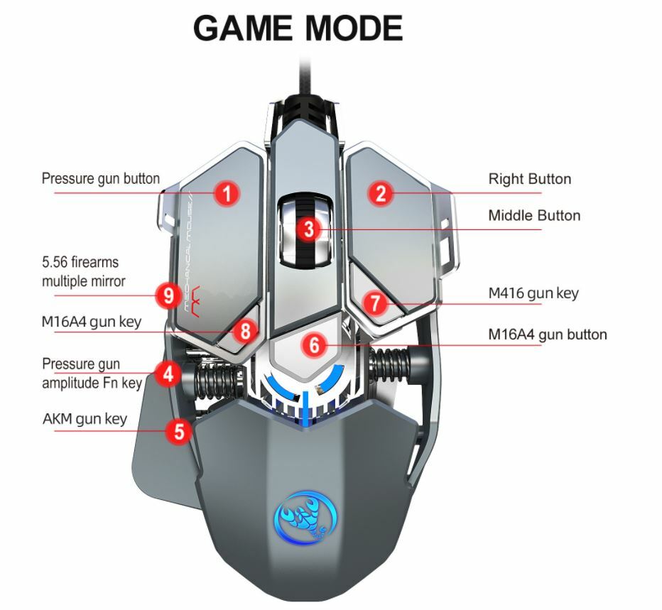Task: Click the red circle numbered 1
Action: click(x=227, y=193)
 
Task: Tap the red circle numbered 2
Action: click(x=381, y=193)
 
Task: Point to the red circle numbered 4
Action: click(x=168, y=374)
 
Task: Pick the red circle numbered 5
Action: click(x=179, y=431)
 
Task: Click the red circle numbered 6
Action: click(x=315, y=346)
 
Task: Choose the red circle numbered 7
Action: click(x=376, y=304)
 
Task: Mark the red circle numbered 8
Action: click(x=246, y=330)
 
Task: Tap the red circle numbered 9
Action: click(x=168, y=295)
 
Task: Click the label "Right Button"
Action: click(x=529, y=179)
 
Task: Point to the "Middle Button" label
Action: click(x=534, y=216)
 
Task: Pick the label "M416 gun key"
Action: click(x=533, y=293)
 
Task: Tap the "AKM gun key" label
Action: click(x=85, y=418)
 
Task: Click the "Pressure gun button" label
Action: click(x=101, y=178)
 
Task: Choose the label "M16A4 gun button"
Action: click(x=548, y=334)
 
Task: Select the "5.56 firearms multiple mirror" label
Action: click(x=83, y=272)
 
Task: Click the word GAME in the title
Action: click(x=242, y=28)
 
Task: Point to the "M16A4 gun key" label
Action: click(x=92, y=322)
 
